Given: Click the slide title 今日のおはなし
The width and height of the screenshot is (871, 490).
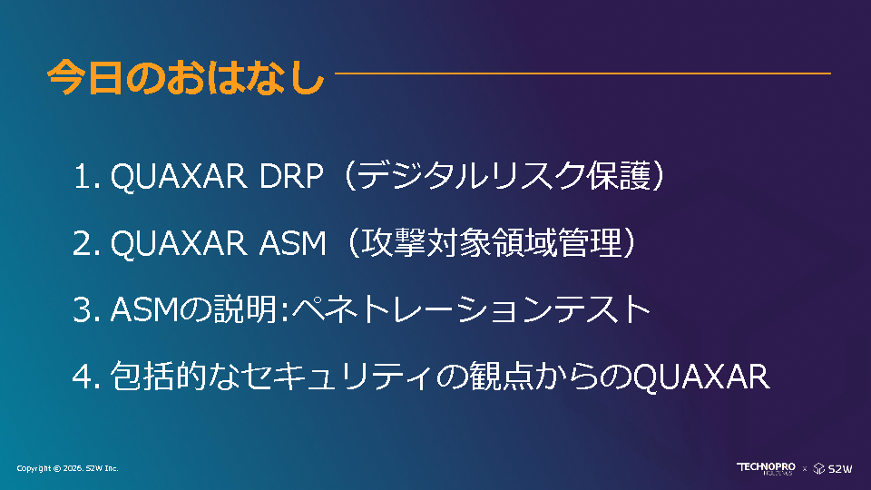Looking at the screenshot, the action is point(185,76).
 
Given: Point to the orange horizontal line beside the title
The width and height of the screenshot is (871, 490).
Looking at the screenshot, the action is point(582,73).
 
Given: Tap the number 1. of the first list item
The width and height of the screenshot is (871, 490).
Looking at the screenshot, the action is point(87,177).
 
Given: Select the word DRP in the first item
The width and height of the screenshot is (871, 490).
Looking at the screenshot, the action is point(290,177).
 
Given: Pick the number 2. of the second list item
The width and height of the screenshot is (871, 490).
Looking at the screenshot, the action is point(87,243).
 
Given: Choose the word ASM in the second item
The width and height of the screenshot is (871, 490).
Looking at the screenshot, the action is point(293,243).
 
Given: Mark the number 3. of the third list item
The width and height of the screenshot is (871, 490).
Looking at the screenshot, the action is point(87,309).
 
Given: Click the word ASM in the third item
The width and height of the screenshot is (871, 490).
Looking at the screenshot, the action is point(143,309).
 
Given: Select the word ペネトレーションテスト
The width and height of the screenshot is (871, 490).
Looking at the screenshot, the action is point(471,309).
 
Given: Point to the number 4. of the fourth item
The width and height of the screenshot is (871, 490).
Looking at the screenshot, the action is point(87,376).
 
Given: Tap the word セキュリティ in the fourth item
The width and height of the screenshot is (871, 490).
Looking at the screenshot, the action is point(336,376).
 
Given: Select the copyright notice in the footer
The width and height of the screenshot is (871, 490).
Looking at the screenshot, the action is point(67,468).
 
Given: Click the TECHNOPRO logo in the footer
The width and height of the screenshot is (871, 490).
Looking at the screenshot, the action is point(766,468).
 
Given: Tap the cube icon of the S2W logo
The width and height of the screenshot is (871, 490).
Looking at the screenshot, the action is point(818,468).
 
